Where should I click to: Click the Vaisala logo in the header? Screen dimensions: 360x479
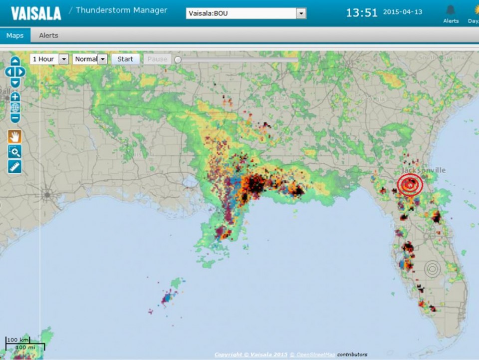36,13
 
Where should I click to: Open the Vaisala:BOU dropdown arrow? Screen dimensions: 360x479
301,13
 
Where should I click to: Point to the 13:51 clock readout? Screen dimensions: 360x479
362,13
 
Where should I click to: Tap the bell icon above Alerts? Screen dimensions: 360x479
451,10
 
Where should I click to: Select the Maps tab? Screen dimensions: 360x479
15,35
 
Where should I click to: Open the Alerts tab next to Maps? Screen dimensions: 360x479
48,35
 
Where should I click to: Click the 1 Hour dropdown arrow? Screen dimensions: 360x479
63,59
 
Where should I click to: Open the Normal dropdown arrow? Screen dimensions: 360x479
102,59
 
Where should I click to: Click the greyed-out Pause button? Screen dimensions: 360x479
157,59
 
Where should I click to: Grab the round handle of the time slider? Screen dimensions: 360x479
178,60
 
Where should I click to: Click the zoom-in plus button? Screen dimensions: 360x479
15,97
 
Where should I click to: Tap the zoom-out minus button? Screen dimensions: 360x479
15,118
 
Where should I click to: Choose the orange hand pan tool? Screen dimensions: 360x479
15,136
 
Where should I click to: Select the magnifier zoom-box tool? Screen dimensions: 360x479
15,151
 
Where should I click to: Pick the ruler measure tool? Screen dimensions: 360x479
15,167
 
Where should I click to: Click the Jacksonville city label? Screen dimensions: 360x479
424,170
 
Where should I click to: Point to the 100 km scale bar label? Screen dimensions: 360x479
17,340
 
